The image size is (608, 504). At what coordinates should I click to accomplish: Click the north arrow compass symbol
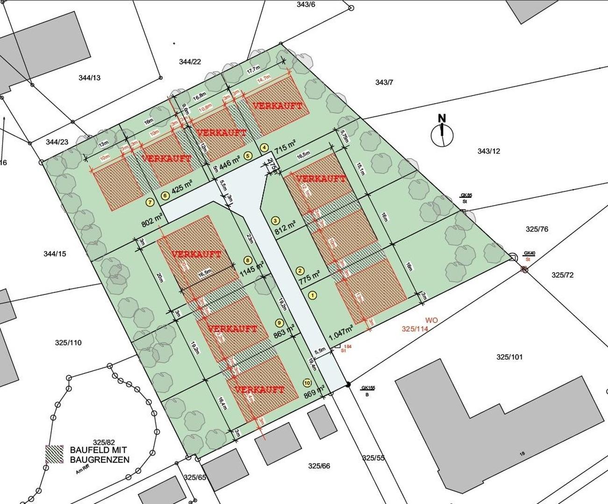pos(442,134)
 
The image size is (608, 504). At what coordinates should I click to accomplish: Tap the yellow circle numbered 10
pos(307,382)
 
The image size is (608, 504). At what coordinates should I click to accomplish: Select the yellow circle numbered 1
pos(313,295)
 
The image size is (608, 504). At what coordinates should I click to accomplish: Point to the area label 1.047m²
pos(340,335)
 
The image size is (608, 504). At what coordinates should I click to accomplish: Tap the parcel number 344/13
pos(90,78)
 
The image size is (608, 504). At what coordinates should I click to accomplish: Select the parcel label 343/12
pos(489,151)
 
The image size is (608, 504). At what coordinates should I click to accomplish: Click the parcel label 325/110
pos(68,343)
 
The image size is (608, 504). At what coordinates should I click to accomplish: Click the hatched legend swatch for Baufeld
pos(54,454)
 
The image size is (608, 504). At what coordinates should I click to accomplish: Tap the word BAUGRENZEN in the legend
pos(100,460)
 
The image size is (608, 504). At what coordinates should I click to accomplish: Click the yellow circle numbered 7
pos(150,203)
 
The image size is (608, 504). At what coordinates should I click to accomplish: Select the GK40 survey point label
pos(529,253)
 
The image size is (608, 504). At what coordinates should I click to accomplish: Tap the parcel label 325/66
pos(319,466)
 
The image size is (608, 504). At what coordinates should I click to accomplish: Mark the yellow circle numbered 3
pos(275,220)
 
